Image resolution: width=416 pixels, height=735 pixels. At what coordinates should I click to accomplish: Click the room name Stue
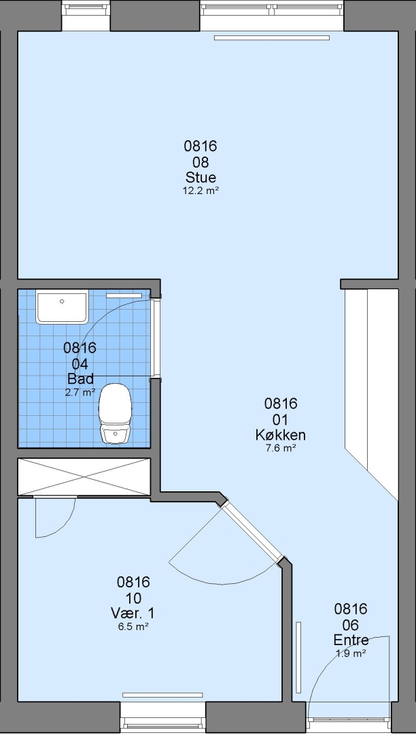201,178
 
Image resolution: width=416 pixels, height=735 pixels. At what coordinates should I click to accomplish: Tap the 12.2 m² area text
201,191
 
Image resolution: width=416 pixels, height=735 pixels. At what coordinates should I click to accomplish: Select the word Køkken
280,435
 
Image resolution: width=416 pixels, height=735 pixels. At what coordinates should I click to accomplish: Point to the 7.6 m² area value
280,448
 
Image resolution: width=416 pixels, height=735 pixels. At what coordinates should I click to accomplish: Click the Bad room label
80,378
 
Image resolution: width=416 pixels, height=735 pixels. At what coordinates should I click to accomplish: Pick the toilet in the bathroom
115,413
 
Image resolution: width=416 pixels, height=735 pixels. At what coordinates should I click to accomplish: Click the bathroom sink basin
63,307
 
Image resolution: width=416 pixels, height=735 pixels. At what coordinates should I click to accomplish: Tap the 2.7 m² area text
80,393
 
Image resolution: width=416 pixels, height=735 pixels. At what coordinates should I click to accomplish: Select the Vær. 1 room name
133,613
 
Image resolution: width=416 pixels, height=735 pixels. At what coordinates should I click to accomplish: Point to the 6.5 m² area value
133,626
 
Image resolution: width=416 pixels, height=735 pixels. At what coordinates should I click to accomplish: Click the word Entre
351,640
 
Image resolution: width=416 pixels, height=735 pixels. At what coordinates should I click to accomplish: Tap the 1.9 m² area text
351,653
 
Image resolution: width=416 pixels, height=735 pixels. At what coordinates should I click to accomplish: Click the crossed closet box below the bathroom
84,476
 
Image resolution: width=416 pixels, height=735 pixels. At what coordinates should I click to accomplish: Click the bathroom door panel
156,338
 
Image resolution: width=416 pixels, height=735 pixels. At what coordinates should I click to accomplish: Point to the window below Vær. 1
162,718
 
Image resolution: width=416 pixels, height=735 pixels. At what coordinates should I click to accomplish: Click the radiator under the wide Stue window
272,38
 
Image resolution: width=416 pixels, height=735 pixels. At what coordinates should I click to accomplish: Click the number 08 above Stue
201,163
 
